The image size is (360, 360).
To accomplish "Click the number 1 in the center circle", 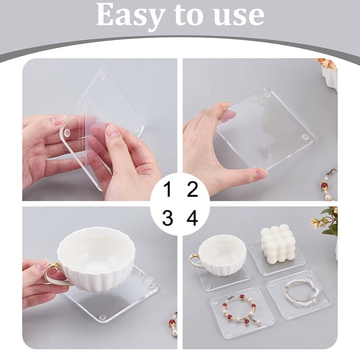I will tap(167, 189).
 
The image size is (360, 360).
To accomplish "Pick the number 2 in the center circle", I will tap(192, 189).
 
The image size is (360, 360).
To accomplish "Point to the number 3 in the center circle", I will tap(167, 218).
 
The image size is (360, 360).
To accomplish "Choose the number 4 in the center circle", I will tap(192, 218).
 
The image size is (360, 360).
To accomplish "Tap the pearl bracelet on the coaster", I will tap(302, 291).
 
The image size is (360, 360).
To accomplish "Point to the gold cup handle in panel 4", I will tap(195, 261).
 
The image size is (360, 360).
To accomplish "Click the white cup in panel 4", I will tap(222, 253).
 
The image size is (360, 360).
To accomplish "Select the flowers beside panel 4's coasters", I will tap(329, 222).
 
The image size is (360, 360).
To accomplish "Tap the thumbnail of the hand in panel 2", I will tap(227, 115).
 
